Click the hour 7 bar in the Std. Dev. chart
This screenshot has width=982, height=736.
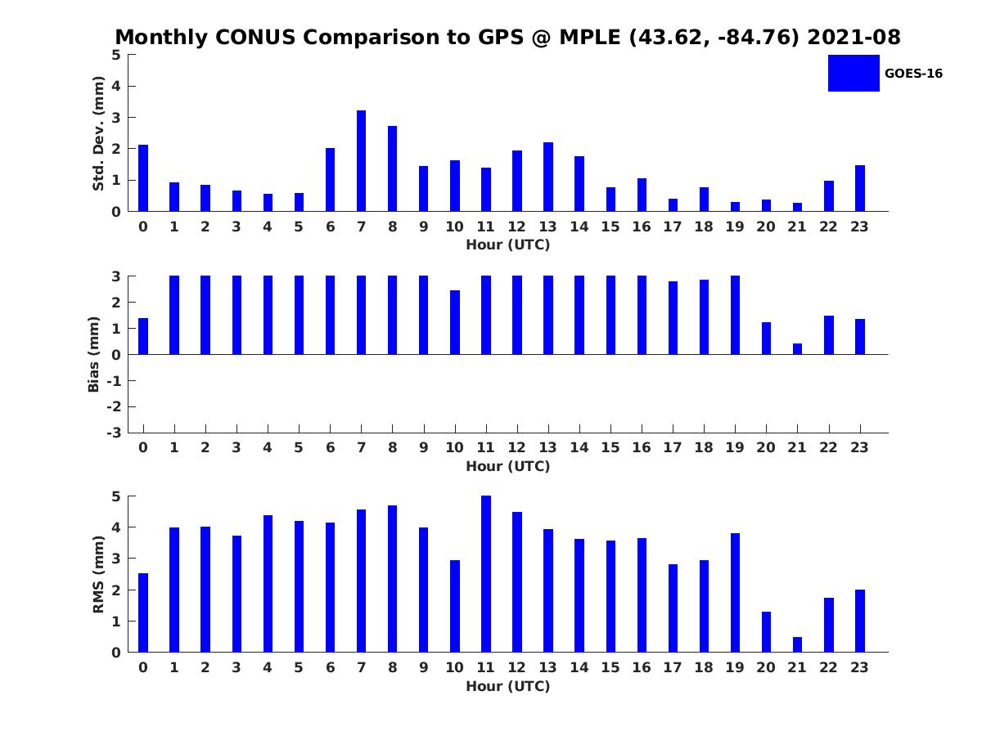click(361, 161)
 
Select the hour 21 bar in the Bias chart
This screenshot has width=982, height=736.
click(797, 349)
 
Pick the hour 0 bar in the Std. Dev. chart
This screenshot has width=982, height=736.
click(143, 178)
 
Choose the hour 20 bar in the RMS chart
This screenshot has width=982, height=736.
click(766, 632)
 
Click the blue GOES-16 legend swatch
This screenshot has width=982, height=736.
click(854, 74)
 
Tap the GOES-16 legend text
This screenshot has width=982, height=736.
click(913, 74)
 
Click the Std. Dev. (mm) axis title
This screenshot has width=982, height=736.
click(98, 133)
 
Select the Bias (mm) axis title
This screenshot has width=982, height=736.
click(94, 355)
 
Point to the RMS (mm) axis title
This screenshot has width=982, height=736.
click(98, 574)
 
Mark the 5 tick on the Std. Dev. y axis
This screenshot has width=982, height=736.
click(117, 55)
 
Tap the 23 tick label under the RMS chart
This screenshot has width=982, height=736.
click(859, 667)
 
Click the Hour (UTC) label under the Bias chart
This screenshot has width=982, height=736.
click(507, 466)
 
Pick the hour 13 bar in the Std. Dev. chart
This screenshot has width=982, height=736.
click(548, 177)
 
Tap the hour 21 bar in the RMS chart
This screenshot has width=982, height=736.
click(797, 644)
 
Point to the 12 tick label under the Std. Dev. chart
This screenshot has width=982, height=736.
click(516, 227)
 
